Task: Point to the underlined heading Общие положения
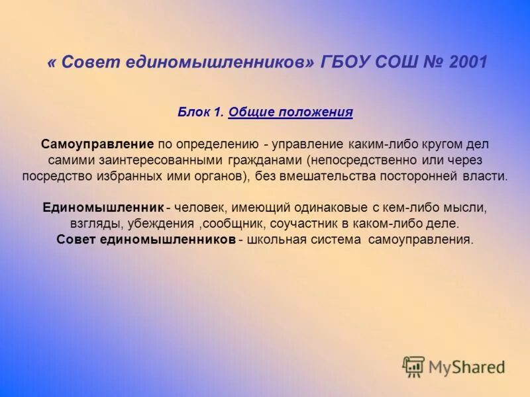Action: click(290, 112)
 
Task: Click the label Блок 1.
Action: click(201, 112)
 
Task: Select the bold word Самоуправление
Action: click(97, 144)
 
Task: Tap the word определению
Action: click(222, 144)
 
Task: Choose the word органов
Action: click(220, 177)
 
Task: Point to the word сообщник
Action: click(227, 224)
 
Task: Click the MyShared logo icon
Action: click(413, 366)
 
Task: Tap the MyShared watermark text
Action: click(466, 367)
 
